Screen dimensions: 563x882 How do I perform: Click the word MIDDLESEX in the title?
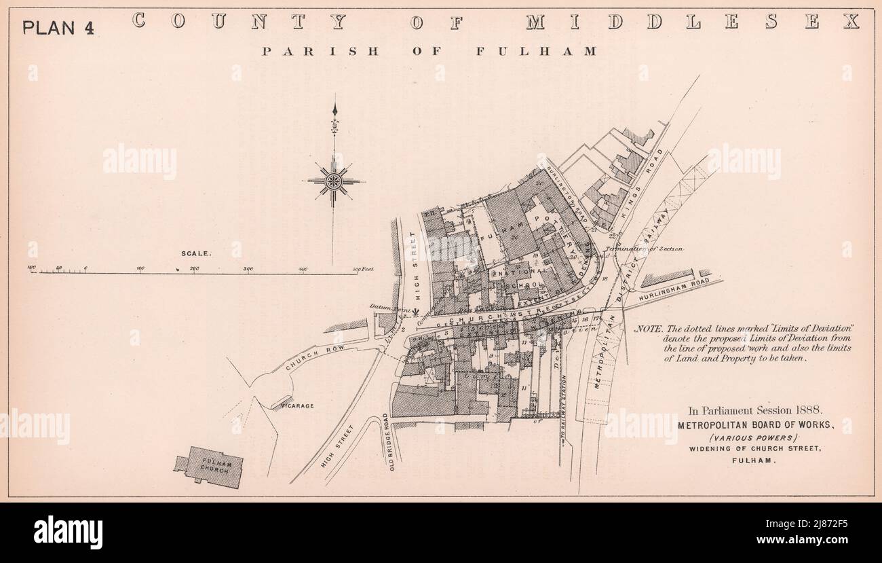(692, 22)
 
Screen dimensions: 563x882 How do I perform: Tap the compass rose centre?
(333, 181)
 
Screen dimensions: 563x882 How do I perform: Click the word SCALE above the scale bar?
(195, 253)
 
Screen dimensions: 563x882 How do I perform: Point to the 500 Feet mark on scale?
(364, 270)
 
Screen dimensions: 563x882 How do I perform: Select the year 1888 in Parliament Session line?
(807, 410)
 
